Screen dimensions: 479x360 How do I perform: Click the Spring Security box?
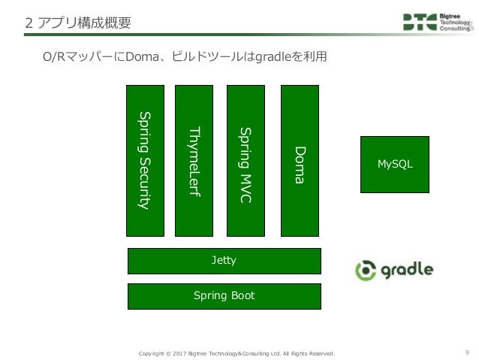click(x=146, y=160)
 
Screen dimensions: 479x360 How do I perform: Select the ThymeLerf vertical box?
click(x=194, y=160)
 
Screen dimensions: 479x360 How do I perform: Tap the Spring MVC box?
click(x=246, y=160)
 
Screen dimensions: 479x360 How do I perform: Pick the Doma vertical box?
click(x=300, y=160)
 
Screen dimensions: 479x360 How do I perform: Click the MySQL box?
click(x=395, y=163)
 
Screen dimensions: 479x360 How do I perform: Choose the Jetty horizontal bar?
click(x=224, y=261)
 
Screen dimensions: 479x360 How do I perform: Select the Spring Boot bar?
click(x=224, y=296)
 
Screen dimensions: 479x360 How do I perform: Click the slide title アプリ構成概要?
click(x=83, y=23)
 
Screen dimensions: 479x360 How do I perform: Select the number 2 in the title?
click(x=29, y=23)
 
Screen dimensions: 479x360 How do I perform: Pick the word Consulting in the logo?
click(x=456, y=30)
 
